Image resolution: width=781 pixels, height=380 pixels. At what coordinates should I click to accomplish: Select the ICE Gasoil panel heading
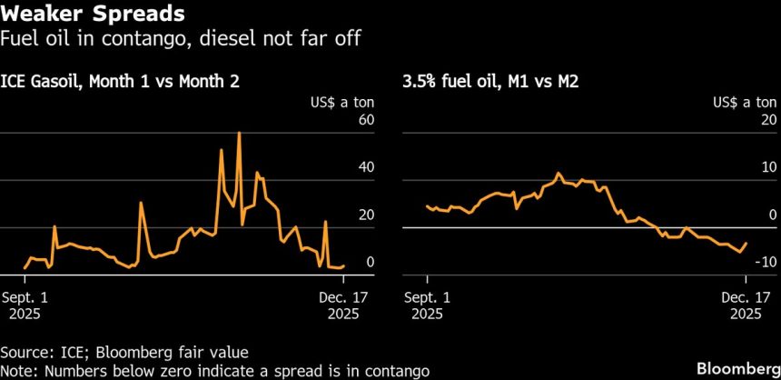(126, 82)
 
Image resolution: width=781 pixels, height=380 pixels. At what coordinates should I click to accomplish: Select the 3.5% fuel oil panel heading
(489, 82)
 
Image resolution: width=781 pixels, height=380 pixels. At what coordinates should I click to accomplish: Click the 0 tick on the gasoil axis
(370, 262)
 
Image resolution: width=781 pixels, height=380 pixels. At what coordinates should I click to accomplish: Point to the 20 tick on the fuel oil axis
(768, 120)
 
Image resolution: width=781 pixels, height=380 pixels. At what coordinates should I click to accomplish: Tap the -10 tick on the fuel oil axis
(766, 262)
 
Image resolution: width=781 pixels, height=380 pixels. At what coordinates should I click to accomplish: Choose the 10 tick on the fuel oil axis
(768, 167)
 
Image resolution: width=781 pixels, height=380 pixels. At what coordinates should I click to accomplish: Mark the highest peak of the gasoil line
(239, 133)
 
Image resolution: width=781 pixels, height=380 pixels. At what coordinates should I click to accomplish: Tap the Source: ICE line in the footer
(124, 351)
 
